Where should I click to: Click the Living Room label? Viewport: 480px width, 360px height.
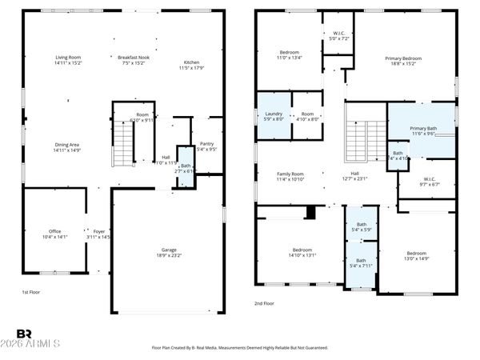(x=68, y=60)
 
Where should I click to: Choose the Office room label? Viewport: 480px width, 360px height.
(x=54, y=234)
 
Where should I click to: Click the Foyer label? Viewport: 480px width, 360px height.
(x=98, y=234)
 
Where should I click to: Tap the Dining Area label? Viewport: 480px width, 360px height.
(x=68, y=147)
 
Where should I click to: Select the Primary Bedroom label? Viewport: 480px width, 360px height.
(x=403, y=61)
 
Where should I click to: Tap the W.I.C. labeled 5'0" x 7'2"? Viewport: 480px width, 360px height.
(x=338, y=36)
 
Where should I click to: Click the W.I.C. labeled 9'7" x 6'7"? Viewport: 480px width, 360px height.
(x=429, y=182)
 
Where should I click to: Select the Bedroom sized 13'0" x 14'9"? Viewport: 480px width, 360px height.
(x=416, y=256)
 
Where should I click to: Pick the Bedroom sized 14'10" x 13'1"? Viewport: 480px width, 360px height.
(x=301, y=253)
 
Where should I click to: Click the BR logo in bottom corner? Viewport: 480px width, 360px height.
(x=24, y=334)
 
